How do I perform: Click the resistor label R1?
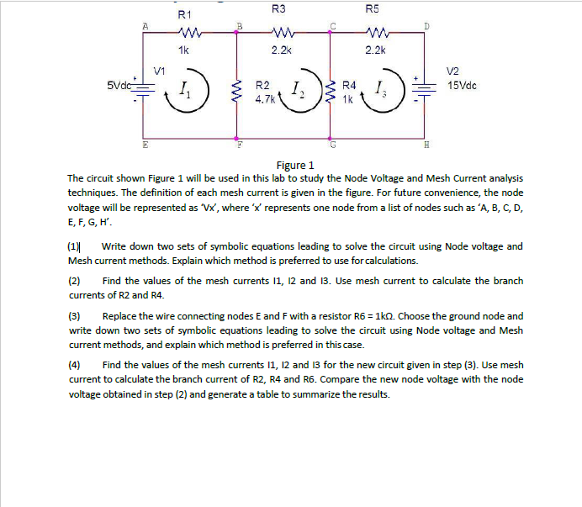pyautogui.click(x=185, y=14)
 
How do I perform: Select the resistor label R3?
pyautogui.click(x=279, y=8)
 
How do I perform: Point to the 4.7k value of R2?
pyautogui.click(x=263, y=98)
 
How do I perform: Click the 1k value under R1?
pyautogui.click(x=185, y=50)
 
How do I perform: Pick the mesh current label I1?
pyautogui.click(x=187, y=91)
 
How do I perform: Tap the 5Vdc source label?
pyautogui.click(x=120, y=86)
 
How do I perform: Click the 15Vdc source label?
pyautogui.click(x=464, y=86)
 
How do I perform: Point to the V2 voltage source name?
pyautogui.click(x=453, y=72)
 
